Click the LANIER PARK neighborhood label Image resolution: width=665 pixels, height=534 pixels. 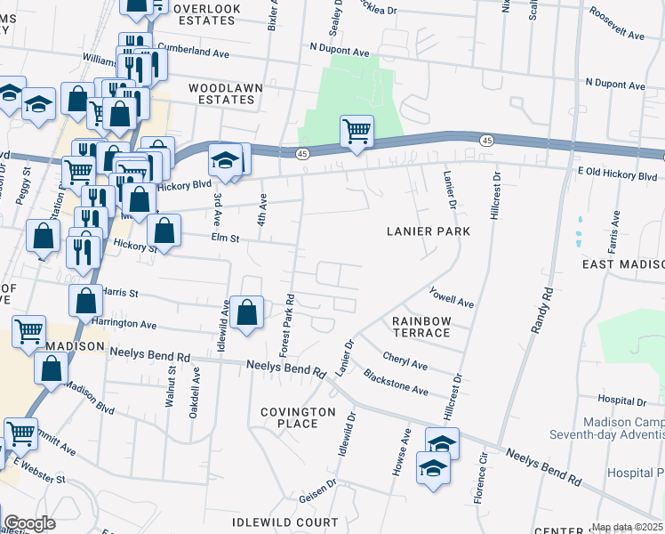428,231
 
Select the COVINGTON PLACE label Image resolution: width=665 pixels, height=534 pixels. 297,417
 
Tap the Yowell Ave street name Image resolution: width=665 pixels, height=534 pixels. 452,296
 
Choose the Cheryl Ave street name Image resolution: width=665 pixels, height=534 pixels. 405,361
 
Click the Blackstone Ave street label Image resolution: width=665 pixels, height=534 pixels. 396,384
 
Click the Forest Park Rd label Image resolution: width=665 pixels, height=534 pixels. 287,325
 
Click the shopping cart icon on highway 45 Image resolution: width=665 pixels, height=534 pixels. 357,132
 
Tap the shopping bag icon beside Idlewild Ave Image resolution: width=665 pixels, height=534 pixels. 248,312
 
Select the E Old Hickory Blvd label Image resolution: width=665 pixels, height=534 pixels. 617,176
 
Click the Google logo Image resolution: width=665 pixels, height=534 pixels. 29,523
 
